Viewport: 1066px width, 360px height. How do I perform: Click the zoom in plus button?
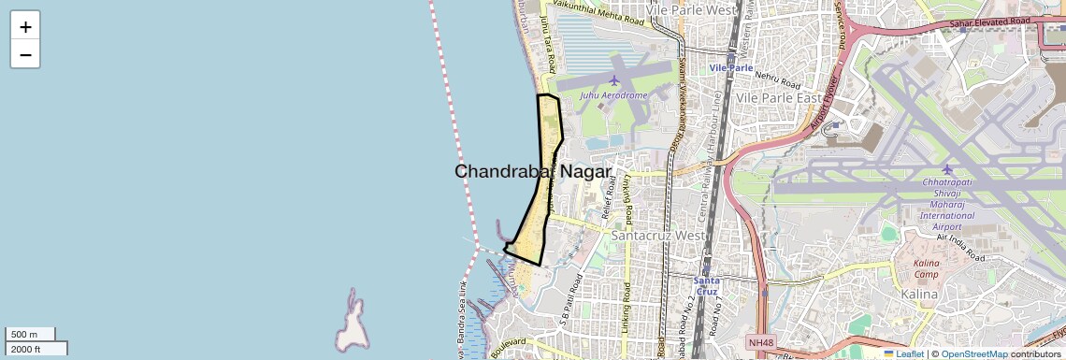click(x=25, y=27)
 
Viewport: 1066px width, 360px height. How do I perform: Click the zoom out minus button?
click(x=25, y=54)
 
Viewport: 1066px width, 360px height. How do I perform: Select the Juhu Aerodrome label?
click(x=613, y=95)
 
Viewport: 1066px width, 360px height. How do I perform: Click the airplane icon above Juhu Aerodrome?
click(x=614, y=80)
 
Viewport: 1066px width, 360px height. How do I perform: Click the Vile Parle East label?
click(x=779, y=98)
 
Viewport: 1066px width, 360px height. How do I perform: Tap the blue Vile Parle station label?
click(x=731, y=68)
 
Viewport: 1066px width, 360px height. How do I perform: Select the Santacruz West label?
click(x=657, y=236)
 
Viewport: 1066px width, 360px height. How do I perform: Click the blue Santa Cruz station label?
click(x=706, y=286)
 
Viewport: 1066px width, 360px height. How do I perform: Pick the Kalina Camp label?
click(x=932, y=268)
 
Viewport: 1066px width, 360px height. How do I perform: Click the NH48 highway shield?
click(x=761, y=343)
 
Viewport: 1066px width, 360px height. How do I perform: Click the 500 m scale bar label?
click(x=24, y=335)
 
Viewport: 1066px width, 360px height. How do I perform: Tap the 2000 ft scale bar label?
click(x=26, y=349)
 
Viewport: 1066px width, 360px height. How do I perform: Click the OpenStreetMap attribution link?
click(x=973, y=354)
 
